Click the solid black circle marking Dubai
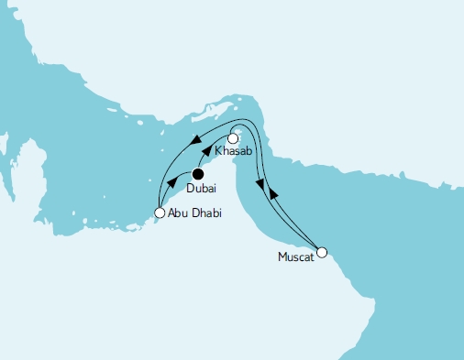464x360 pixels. coord(198,172)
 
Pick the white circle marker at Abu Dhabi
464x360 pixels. coord(160,213)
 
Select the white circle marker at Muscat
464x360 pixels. coord(321,251)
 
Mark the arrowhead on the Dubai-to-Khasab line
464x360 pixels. coord(206,152)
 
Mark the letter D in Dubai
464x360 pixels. coord(190,189)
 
